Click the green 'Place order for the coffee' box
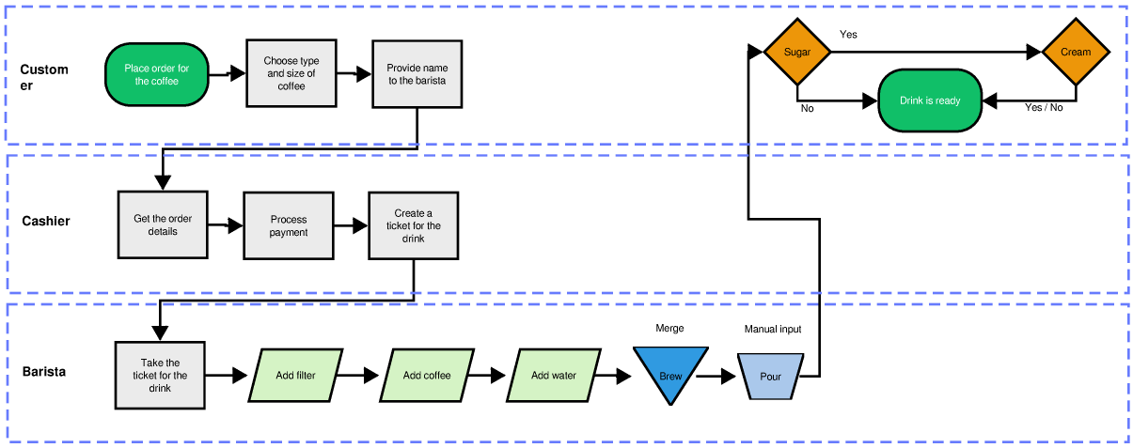[x=156, y=74]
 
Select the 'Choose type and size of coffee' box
[x=291, y=73]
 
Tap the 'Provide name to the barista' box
[x=417, y=74]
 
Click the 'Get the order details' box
[x=162, y=225]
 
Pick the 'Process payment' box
[x=288, y=225]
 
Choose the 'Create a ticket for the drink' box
[x=414, y=226]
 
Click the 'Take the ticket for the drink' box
[x=160, y=376]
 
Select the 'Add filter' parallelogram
[x=295, y=376]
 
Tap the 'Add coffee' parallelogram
[x=427, y=376]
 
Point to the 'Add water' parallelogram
[x=553, y=376]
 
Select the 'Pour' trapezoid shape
[x=771, y=375]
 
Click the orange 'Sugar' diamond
[x=797, y=52]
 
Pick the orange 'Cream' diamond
[x=1076, y=52]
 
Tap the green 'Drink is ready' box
[x=930, y=100]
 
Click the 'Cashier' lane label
[x=46, y=222]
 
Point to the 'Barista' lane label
[x=44, y=372]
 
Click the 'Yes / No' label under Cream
[x=1044, y=108]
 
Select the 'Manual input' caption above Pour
[x=773, y=330]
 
